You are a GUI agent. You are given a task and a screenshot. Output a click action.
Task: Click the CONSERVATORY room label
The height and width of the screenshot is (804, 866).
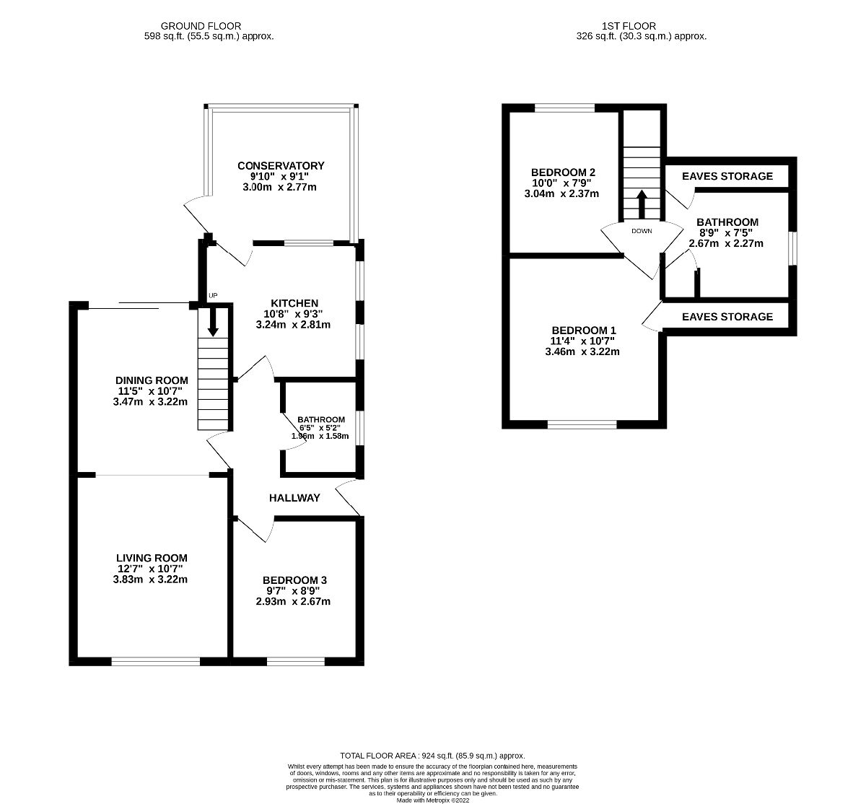[282, 165]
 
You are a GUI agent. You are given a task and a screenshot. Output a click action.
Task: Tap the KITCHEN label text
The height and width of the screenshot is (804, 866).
[294, 303]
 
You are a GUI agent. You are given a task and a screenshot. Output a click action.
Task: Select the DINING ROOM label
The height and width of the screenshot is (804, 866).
[152, 380]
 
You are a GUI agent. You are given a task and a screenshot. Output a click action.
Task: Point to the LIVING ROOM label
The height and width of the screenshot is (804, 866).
[152, 558]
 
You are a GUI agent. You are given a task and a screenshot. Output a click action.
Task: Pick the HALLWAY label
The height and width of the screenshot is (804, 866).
[294, 498]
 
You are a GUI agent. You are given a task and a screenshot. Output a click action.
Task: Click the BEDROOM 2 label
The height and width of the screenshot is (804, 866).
[563, 172]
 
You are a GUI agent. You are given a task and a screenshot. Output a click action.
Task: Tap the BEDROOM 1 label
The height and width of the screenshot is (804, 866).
[584, 331]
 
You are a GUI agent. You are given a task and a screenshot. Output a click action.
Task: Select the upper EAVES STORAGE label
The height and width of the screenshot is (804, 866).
[727, 176]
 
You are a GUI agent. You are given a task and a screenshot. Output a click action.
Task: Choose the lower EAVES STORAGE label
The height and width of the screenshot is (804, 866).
[727, 317]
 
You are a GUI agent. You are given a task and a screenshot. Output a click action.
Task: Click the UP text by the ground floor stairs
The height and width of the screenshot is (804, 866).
[212, 296]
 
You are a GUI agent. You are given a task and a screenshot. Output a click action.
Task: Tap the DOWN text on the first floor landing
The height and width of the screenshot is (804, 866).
[642, 232]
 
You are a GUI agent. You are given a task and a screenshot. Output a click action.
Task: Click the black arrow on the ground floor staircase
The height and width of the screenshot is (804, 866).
[213, 323]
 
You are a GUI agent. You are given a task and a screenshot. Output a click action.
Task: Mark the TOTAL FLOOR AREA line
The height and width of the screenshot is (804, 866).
[432, 755]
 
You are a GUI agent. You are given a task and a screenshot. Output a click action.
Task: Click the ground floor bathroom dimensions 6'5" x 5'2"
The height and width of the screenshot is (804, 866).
[320, 428]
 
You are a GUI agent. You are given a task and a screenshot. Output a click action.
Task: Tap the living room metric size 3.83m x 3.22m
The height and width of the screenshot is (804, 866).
[152, 579]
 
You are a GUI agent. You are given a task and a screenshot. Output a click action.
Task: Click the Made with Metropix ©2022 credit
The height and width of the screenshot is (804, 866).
[432, 799]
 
